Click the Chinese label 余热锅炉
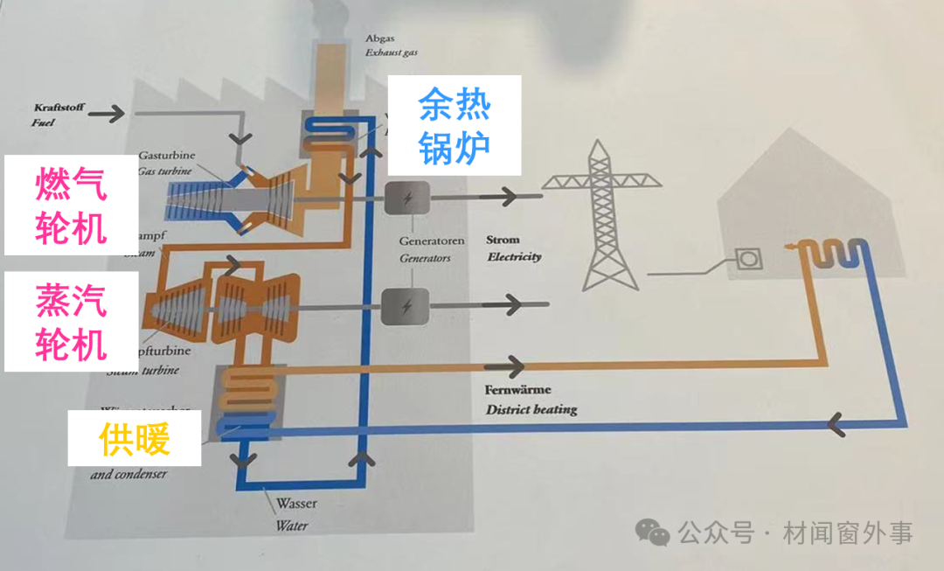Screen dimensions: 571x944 point(455,125)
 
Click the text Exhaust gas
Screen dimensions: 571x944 point(392,52)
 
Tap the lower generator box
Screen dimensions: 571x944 point(406,306)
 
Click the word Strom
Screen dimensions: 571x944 point(503,240)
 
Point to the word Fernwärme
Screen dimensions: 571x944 point(517,391)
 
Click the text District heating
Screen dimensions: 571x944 point(531,409)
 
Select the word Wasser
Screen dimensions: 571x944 point(296,505)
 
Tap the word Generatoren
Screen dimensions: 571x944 point(432,240)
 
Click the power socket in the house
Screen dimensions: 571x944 point(748,260)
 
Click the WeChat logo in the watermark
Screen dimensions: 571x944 point(654,531)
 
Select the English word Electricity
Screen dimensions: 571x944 point(514,257)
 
